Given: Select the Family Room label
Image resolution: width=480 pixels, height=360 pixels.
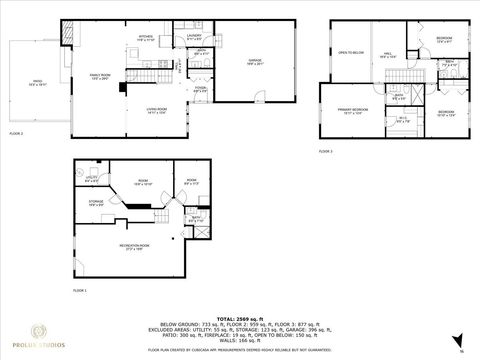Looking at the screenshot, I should (x=100, y=75).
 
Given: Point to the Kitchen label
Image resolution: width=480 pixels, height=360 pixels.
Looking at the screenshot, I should (x=146, y=40).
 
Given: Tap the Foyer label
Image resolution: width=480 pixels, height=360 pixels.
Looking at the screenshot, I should (x=200, y=89).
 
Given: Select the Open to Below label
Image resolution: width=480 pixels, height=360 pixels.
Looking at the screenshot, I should (x=348, y=52).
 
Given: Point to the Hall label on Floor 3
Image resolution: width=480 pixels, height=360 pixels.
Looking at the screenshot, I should (x=388, y=55).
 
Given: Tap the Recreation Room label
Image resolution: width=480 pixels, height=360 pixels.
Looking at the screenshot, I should (x=138, y=246).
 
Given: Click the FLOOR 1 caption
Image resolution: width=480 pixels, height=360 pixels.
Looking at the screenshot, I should (x=80, y=290).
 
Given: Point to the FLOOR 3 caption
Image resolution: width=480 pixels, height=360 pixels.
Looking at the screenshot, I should (x=325, y=151).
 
